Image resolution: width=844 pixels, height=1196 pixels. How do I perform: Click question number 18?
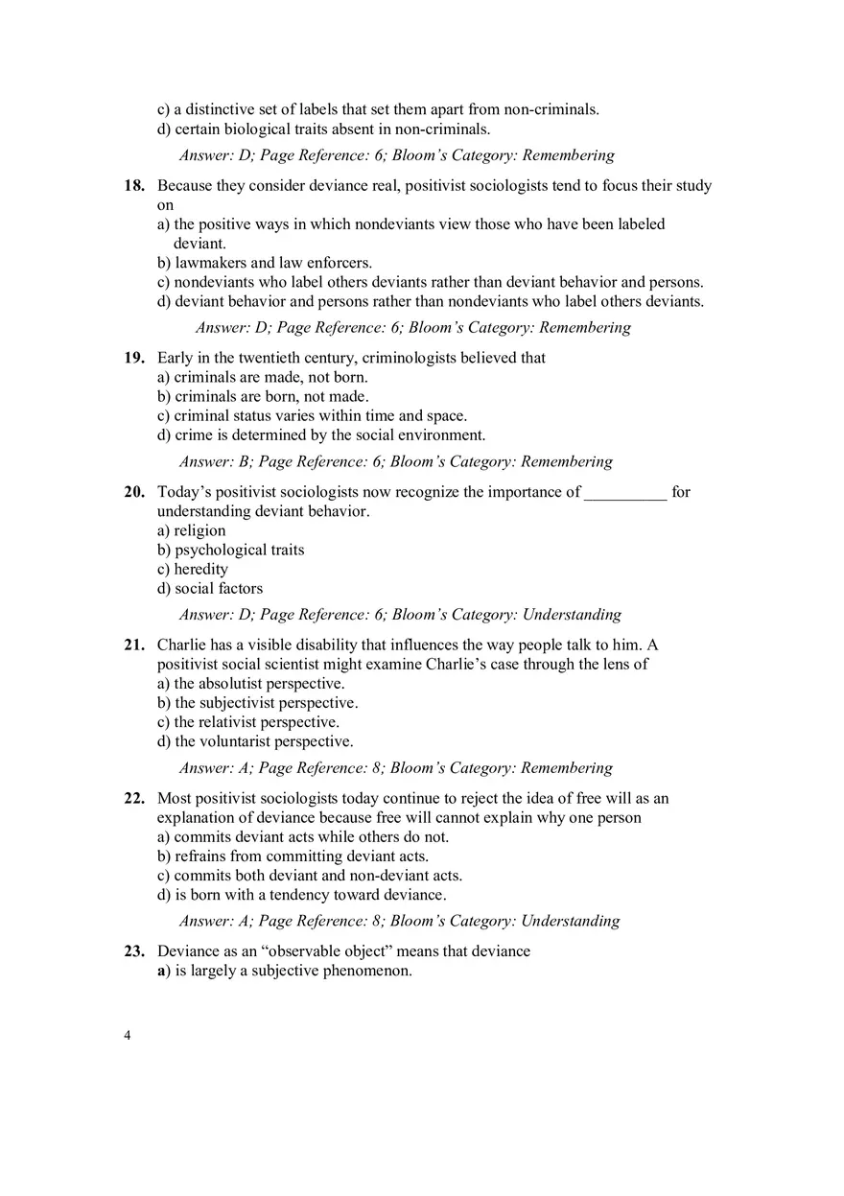133,186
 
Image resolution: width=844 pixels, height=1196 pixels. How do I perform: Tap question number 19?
133,359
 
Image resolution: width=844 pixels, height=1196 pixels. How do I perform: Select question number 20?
133,493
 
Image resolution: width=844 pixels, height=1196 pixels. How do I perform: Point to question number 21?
133,645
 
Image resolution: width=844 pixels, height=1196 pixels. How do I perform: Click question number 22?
133,799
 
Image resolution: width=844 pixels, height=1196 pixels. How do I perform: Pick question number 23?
133,951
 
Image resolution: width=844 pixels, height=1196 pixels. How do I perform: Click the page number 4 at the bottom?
128,1036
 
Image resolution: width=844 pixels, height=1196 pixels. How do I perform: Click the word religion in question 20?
199,531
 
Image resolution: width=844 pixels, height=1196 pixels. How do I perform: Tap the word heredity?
201,570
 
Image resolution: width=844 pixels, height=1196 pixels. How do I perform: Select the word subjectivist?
238,703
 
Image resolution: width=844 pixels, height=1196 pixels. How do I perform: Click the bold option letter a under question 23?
161,971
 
